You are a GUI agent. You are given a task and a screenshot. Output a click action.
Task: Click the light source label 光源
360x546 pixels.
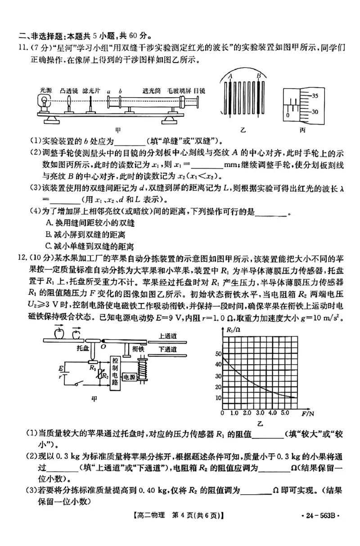pyautogui.click(x=46, y=90)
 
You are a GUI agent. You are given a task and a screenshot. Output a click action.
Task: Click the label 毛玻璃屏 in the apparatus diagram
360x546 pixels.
pyautogui.click(x=179, y=90)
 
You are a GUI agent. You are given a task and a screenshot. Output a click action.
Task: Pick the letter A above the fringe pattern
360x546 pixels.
pyautogui.click(x=230, y=76)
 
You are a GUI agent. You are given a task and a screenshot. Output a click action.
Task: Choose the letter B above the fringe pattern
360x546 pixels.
pyautogui.click(x=259, y=76)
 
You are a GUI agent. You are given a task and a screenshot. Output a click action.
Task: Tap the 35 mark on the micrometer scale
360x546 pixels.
pyautogui.click(x=315, y=95)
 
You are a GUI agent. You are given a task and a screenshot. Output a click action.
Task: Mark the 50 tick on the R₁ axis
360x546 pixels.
pyautogui.click(x=219, y=353)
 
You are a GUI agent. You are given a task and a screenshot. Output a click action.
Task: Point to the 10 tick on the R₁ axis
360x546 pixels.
pyautogui.click(x=219, y=398)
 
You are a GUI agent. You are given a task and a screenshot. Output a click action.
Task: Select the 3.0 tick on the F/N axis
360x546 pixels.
pyautogui.click(x=260, y=412)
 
